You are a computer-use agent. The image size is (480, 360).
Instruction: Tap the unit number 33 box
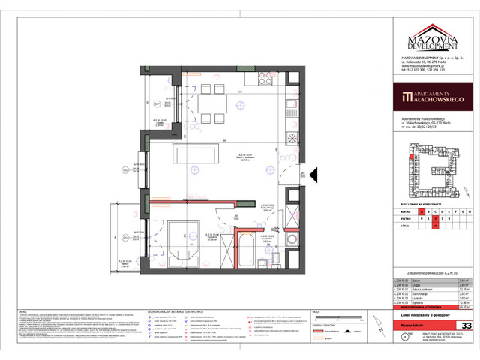point(466,325)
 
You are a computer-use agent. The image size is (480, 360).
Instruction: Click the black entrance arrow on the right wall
point(315,177)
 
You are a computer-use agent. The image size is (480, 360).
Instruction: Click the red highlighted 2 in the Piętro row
point(436,219)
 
